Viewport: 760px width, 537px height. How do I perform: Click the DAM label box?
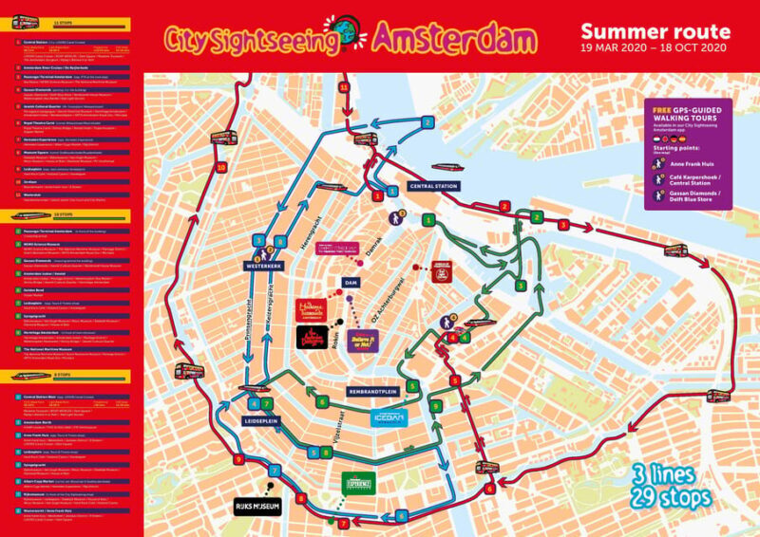pos(351,283)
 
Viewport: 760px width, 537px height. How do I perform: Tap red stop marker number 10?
pos(220,168)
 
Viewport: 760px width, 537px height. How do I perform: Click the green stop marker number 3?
pos(520,285)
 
